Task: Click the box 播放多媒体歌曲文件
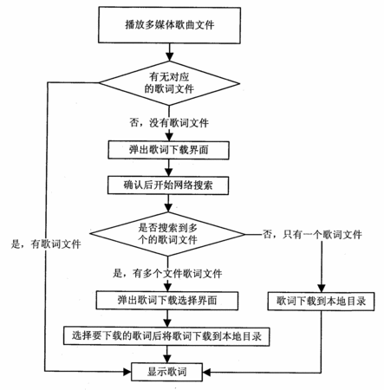point(169,25)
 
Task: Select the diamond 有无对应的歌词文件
point(169,83)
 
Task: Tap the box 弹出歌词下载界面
point(169,150)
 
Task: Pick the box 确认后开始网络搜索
point(168,185)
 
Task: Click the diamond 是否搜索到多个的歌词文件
point(167,234)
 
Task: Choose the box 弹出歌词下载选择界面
point(167,301)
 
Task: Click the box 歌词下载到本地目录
point(321,302)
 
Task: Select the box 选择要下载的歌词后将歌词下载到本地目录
point(166,336)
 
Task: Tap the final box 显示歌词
point(167,372)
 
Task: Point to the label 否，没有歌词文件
point(169,123)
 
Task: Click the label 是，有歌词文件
point(46,244)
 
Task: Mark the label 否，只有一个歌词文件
point(312,234)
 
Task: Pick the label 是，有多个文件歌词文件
point(167,273)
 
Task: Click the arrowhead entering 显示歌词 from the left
point(127,372)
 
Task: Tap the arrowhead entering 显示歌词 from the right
point(207,372)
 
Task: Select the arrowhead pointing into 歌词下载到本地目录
point(322,289)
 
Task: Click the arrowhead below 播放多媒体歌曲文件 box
point(170,57)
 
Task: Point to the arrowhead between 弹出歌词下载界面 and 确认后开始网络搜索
point(168,172)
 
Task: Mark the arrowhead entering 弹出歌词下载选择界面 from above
point(167,287)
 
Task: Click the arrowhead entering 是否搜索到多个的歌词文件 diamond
point(168,208)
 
